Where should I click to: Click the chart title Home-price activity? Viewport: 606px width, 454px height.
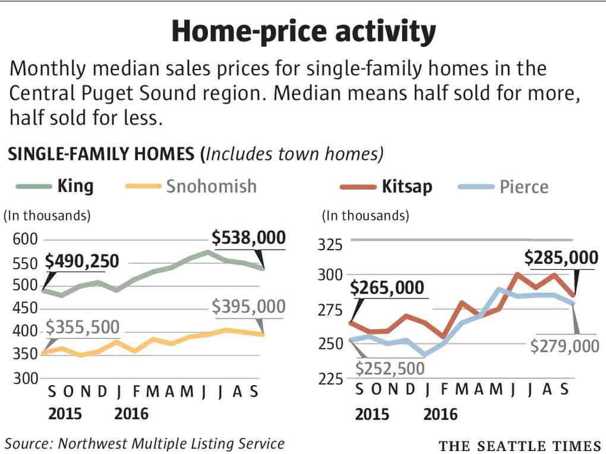tap(303, 31)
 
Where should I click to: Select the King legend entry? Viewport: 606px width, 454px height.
tap(75, 186)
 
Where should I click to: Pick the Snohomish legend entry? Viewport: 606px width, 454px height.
tap(212, 186)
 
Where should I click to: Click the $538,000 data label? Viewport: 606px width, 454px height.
tap(249, 238)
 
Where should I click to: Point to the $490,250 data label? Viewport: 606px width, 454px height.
tap(82, 261)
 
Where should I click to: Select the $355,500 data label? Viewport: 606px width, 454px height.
tap(83, 327)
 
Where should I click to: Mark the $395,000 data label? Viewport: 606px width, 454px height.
tap(249, 307)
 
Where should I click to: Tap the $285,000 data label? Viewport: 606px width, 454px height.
tap(561, 258)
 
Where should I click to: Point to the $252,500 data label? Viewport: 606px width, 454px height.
tap(390, 368)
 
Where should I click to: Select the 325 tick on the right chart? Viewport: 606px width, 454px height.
tap(330, 245)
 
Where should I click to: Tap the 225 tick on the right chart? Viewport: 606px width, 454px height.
tap(330, 377)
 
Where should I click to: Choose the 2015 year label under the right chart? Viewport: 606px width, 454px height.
tap(373, 414)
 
